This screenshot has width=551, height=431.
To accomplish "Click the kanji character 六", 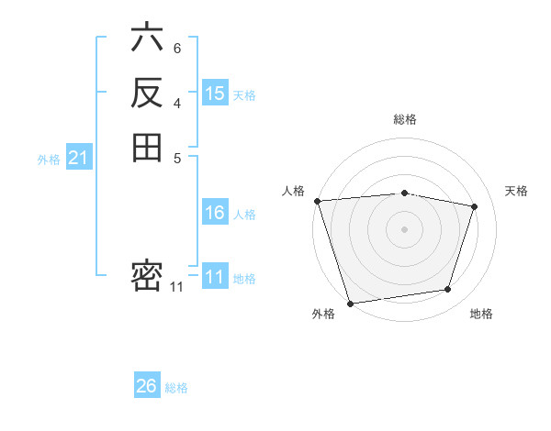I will [x=147, y=39].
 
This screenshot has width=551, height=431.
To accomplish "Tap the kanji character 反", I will [x=147, y=93].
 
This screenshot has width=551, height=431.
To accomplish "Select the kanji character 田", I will [x=147, y=147].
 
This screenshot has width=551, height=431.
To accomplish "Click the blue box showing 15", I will [x=215, y=94].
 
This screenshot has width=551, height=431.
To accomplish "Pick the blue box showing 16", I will [x=215, y=213].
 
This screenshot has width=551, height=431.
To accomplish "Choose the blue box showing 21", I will [x=78, y=158].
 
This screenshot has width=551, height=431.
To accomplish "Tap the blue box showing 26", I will [x=146, y=386].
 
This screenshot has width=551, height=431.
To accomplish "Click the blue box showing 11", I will [x=215, y=278].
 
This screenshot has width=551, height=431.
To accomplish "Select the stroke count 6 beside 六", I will [x=176, y=48].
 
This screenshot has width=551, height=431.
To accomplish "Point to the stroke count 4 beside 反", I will [x=176, y=102].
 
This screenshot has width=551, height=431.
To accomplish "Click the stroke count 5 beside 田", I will [x=176, y=156].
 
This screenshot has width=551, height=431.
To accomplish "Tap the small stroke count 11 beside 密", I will [x=176, y=287].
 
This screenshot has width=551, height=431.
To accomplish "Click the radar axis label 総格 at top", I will [x=405, y=119].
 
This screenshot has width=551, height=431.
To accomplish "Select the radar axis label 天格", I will [x=516, y=191].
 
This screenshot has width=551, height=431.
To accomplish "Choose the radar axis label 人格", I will [x=293, y=191].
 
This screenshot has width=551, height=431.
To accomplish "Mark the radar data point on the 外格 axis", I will [x=350, y=303].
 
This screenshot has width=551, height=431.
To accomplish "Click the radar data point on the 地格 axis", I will [x=448, y=290].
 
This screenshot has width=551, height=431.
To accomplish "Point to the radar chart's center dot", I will [x=405, y=229].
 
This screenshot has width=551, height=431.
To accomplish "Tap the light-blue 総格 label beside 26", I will [x=176, y=388].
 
